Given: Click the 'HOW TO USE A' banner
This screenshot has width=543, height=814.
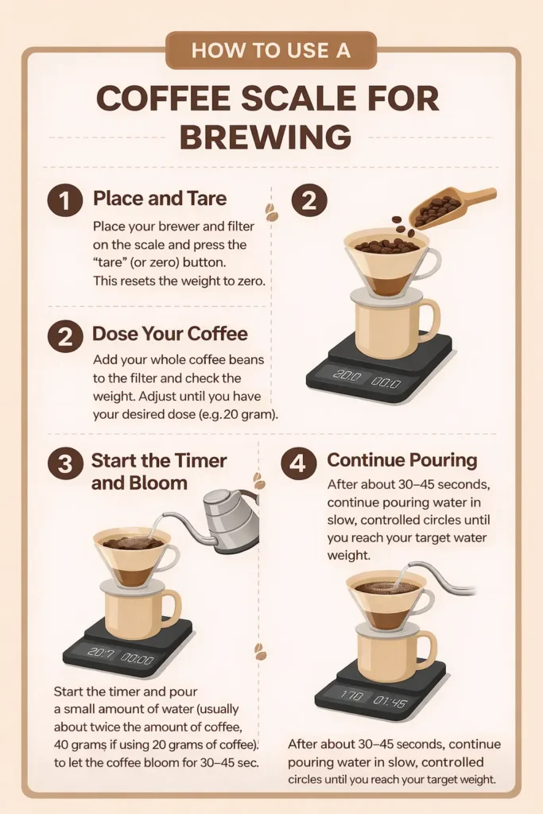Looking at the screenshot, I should (x=270, y=50).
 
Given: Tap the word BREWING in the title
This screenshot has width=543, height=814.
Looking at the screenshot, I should (x=266, y=138).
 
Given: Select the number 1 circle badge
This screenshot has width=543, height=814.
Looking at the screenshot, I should (x=65, y=201).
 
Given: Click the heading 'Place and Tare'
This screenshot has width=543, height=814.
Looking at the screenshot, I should (x=160, y=199).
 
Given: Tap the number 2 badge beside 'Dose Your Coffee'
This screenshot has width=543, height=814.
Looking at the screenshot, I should (x=65, y=337).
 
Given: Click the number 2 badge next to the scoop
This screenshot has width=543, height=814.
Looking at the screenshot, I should (x=309, y=201).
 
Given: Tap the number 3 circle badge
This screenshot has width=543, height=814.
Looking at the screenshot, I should (x=65, y=464).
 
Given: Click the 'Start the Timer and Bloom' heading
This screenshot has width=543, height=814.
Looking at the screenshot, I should (x=159, y=471).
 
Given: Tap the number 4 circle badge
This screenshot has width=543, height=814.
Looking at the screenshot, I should (x=298, y=463).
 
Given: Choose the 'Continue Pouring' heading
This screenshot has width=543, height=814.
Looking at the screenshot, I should (x=402, y=460).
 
